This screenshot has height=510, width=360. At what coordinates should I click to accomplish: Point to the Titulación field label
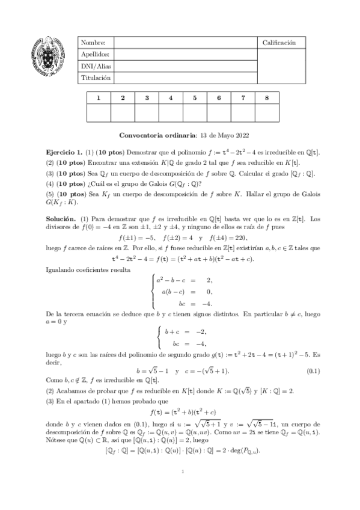click(94, 78)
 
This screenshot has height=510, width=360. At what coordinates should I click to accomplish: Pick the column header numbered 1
click(99, 97)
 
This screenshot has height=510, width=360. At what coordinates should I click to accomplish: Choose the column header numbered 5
click(195, 97)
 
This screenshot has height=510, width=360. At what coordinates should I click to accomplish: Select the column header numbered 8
click(266, 97)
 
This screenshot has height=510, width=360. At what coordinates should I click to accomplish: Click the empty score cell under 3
click(147, 113)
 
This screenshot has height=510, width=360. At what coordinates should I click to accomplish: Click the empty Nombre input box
click(186, 43)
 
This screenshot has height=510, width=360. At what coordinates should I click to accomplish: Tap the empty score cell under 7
click(242, 113)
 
